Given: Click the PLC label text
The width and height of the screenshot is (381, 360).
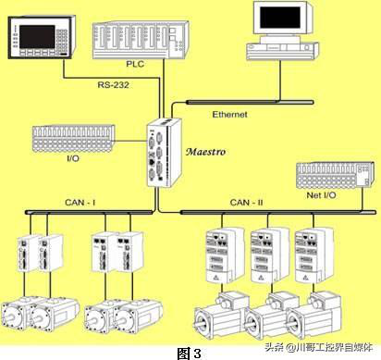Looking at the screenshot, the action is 135,64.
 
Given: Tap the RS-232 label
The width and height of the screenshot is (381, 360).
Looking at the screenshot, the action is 113,84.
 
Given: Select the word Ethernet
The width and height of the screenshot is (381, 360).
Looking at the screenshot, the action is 229,115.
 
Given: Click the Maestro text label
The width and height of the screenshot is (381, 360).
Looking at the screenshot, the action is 205,152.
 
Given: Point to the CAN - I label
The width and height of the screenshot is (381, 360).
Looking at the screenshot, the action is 80,203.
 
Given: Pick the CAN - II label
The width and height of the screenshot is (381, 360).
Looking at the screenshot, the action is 246,203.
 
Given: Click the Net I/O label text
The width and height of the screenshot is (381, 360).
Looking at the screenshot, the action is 321,195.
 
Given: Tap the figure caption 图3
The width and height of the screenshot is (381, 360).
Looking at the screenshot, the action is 190,353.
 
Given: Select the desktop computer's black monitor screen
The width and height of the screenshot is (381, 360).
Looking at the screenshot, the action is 280,18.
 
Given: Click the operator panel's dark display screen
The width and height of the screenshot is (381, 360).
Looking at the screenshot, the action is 37,37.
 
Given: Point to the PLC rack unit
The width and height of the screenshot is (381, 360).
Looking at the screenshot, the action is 141,40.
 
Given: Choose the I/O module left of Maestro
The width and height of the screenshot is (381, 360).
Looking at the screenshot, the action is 73,138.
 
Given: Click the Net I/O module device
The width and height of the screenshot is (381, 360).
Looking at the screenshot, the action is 336,175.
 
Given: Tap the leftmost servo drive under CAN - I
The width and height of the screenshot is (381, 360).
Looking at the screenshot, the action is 29,254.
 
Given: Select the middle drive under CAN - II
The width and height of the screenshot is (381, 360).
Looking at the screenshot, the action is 269,255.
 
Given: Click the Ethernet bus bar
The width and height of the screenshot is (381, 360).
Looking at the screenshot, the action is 250,102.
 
